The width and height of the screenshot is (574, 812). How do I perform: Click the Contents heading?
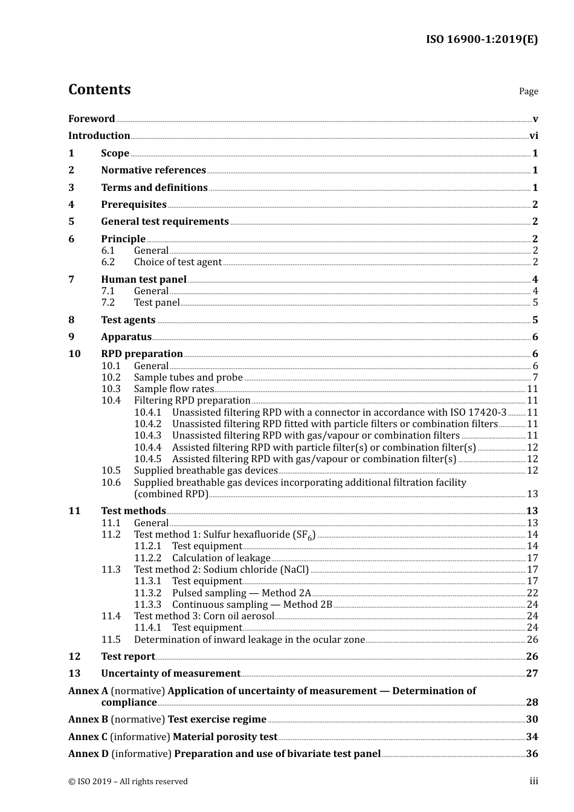pyautogui.click(x=99, y=89)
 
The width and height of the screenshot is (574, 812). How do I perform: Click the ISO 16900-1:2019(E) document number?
pyautogui.click(x=482, y=40)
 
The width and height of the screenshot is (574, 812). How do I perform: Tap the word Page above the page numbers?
pyautogui.click(x=528, y=91)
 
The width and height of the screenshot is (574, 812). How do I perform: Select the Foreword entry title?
pyautogui.click(x=91, y=119)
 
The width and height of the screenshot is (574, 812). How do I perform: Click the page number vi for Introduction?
pyautogui.click(x=534, y=136)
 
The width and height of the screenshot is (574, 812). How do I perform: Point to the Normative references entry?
pyautogui.click(x=153, y=170)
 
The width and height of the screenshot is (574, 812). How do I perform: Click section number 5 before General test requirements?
pyautogui.click(x=71, y=222)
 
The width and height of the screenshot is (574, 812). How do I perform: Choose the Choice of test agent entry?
pyautogui.click(x=178, y=262)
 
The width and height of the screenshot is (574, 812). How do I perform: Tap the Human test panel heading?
pyautogui.click(x=144, y=280)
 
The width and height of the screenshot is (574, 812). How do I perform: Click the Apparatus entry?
pyautogui.click(x=126, y=337)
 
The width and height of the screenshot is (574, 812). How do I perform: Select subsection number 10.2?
pyautogui.click(x=111, y=378)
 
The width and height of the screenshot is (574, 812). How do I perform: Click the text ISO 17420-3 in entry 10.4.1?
pyautogui.click(x=479, y=413)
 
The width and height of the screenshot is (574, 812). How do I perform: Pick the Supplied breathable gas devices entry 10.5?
pyautogui.click(x=205, y=471)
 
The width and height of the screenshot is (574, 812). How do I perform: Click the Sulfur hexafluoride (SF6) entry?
pyautogui.click(x=224, y=535)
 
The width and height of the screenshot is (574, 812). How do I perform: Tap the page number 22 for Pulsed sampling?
pyautogui.click(x=532, y=593)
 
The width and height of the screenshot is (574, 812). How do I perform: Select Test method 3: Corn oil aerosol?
pyautogui.click(x=204, y=616)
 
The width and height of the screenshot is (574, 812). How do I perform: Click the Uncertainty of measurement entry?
pyautogui.click(x=170, y=674)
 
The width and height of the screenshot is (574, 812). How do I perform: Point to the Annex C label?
pyautogui.click(x=88, y=737)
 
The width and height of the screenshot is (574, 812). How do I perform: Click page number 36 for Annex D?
pyautogui.click(x=532, y=754)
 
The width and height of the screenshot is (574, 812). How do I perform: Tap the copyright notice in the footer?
pyautogui.click(x=128, y=782)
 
